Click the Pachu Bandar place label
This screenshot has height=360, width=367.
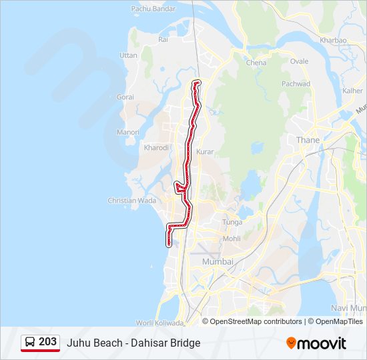[153, 9]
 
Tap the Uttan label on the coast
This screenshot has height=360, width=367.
[128, 55]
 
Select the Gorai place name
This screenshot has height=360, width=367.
[125, 97]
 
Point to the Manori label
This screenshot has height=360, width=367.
[127, 132]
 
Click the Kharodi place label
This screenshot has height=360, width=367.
[156, 147]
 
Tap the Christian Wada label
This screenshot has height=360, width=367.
[132, 200]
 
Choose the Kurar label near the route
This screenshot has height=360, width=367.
[205, 152]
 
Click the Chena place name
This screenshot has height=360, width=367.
[256, 63]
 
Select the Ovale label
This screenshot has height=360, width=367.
[299, 61]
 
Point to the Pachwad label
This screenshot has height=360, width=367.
[296, 84]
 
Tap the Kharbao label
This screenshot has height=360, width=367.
[333, 40]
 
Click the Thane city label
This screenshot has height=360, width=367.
[308, 140]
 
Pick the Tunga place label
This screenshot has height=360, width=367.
[232, 222]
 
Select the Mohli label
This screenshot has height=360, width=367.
[232, 239]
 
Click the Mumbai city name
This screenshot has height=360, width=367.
[218, 262]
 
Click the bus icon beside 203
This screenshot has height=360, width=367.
[31, 342]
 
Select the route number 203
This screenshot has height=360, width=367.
[47, 342]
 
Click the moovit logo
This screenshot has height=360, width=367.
[316, 343]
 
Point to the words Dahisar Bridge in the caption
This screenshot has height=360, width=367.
[167, 343]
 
